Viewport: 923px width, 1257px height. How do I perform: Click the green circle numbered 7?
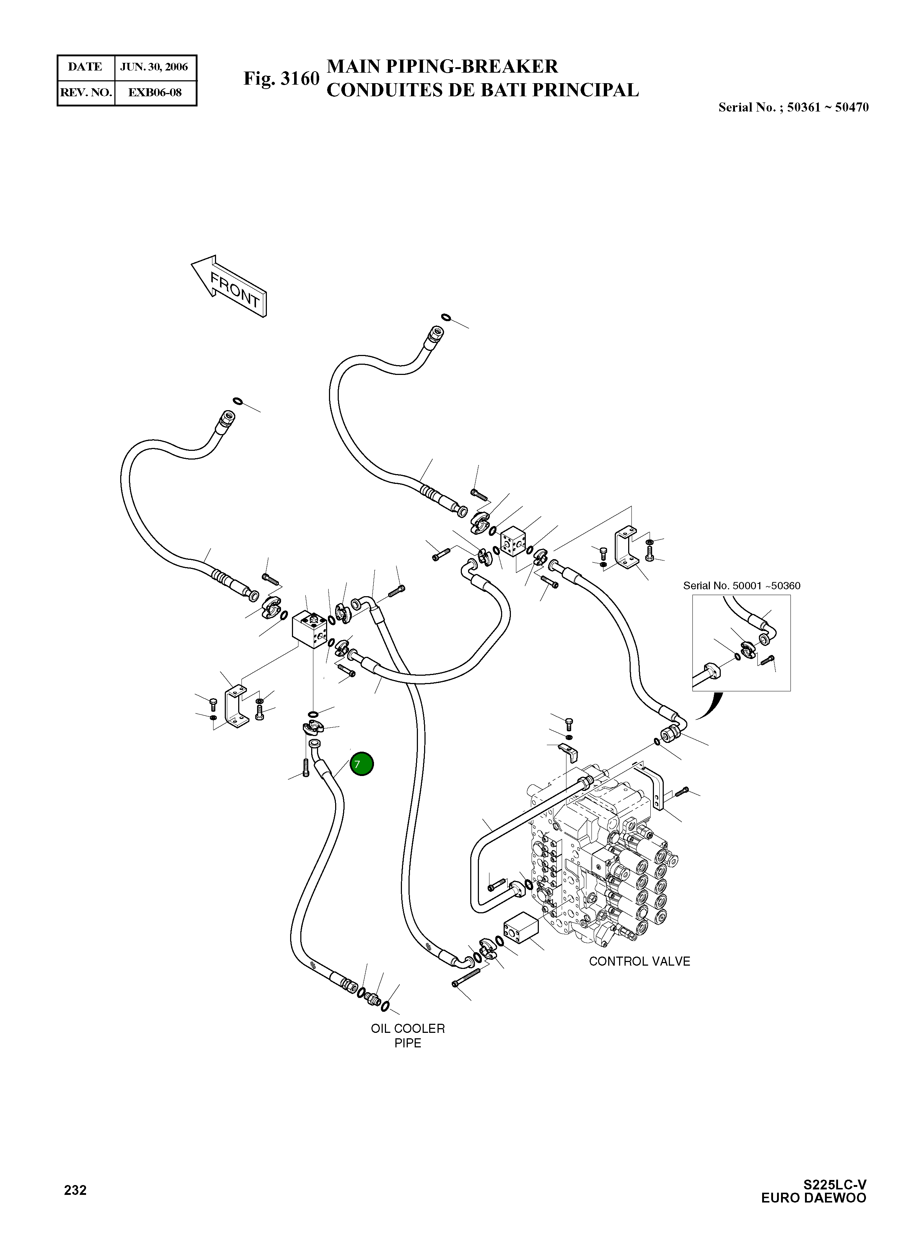(x=362, y=764)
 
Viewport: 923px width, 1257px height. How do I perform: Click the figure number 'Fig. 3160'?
(x=281, y=79)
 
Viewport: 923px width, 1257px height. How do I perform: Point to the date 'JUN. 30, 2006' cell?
(x=154, y=67)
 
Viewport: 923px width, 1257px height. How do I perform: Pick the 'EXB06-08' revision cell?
(x=155, y=93)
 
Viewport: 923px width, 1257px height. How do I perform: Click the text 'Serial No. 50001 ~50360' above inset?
(x=741, y=586)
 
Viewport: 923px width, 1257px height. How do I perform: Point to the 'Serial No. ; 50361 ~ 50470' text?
(x=793, y=107)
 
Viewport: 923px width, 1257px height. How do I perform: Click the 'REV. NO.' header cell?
(x=86, y=93)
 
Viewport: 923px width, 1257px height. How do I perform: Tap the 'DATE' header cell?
(x=85, y=67)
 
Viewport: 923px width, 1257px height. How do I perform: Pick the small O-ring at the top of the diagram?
(x=445, y=318)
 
